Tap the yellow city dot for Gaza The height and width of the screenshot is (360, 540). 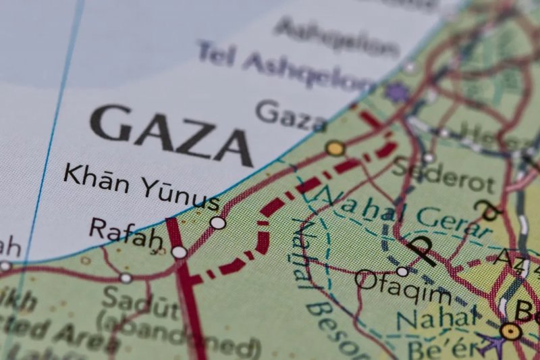(335, 148)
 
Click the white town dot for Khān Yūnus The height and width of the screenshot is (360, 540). (217, 222)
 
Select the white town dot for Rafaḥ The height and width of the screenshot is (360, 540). (179, 252)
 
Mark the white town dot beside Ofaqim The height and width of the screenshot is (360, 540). (402, 271)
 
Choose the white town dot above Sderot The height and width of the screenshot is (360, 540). (429, 158)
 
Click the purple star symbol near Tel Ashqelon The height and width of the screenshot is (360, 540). (397, 92)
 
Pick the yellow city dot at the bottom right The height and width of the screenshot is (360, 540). (511, 331)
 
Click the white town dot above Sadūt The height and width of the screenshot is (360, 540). (126, 278)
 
